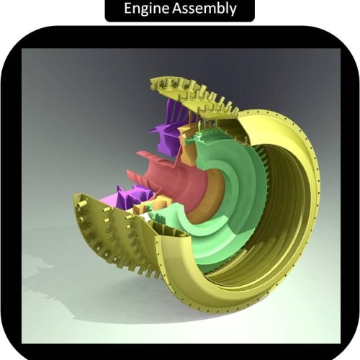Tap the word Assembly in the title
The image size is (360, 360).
tap(204, 9)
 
